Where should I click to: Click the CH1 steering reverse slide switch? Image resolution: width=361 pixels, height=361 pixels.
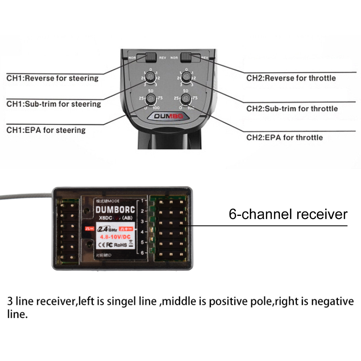(151, 57)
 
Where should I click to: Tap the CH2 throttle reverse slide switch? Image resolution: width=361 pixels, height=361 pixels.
(186, 57)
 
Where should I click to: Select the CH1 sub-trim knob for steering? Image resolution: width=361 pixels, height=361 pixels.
(151, 77)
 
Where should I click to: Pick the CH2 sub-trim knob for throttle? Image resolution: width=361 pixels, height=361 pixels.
(186, 77)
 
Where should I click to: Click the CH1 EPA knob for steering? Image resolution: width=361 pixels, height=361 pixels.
(151, 99)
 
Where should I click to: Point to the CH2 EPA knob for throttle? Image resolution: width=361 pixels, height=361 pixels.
(186, 99)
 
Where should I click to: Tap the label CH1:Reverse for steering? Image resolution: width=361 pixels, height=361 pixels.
(52, 78)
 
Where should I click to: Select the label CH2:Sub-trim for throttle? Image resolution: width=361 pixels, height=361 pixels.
(292, 109)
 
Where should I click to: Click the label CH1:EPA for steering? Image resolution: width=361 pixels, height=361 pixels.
(46, 130)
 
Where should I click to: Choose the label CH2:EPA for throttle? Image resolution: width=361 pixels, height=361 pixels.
(284, 137)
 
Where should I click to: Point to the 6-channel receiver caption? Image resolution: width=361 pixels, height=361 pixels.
(288, 214)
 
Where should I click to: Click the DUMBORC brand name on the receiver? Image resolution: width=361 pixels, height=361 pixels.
(116, 210)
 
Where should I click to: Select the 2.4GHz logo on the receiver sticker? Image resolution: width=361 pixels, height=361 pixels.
(105, 229)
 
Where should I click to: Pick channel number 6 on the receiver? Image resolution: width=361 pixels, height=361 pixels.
(143, 253)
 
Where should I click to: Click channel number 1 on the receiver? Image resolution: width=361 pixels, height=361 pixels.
(143, 200)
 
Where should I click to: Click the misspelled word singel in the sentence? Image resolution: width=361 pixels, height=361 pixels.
(142, 301)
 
